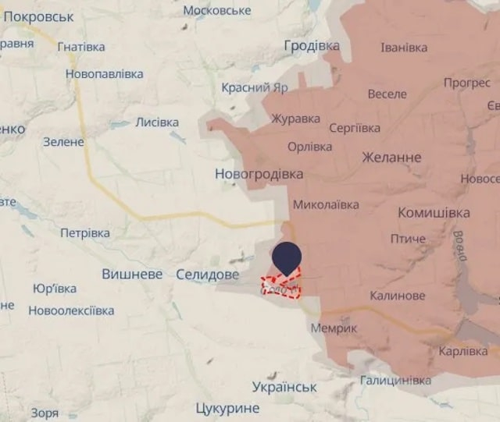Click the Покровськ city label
(x=38, y=16)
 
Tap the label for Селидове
(x=208, y=275)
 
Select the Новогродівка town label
(x=259, y=174)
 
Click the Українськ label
(x=284, y=387)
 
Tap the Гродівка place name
(x=312, y=45)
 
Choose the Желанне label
(x=391, y=158)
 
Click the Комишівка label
(x=434, y=213)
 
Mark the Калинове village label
(x=398, y=296)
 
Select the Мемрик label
(x=334, y=328)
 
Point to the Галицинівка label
(x=395, y=381)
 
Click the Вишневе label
(x=132, y=275)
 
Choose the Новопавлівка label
(x=105, y=74)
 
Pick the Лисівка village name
(x=157, y=122)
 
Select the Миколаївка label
(x=326, y=204)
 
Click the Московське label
(x=217, y=10)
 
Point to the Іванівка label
(x=404, y=48)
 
